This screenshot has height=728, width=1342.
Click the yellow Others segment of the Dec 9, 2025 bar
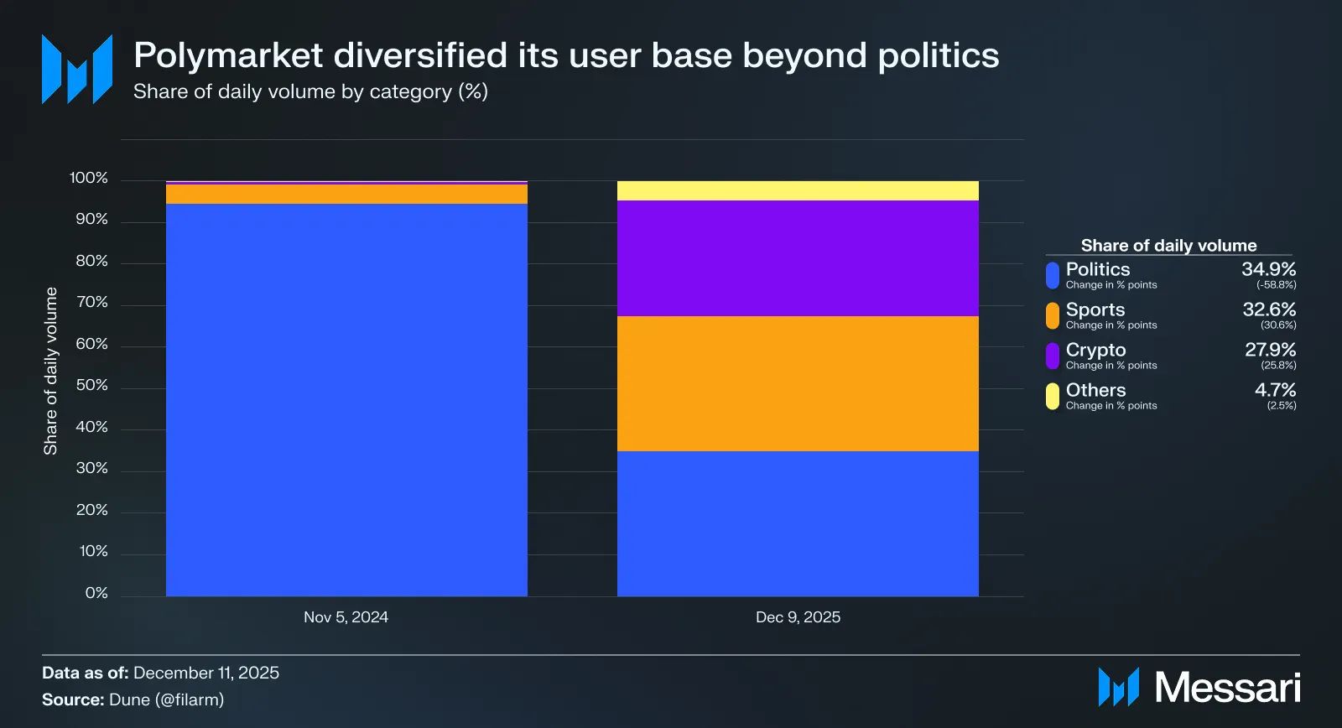pos(798,190)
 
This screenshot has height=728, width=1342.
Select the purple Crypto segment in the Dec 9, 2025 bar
pos(798,258)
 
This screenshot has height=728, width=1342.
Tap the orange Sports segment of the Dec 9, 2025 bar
pos(798,383)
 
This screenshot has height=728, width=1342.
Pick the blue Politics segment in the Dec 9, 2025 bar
pos(798,523)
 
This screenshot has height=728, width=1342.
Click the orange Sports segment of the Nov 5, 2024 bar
pos(346,194)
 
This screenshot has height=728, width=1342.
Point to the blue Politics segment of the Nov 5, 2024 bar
pos(346,399)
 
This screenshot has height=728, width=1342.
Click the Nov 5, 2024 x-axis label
pos(346,617)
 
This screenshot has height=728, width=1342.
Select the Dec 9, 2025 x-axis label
pos(798,617)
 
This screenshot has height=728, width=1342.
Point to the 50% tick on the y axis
pos(92,385)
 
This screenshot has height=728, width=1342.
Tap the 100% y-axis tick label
pos(89,178)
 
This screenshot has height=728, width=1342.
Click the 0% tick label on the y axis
pos(96,593)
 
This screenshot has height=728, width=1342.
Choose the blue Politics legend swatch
pos(1053,275)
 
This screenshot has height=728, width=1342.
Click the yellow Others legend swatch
pos(1053,396)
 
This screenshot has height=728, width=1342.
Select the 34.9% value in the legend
pos(1268,269)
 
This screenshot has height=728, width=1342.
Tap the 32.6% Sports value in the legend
pos(1269,309)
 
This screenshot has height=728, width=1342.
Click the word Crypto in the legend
pos(1095,350)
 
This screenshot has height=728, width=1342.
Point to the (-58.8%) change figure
pos(1276,285)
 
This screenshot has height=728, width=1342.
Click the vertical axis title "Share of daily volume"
pos(51,371)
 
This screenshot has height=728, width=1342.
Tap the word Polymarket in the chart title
pos(228,55)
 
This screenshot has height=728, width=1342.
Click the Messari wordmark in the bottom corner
pos(1227,688)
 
